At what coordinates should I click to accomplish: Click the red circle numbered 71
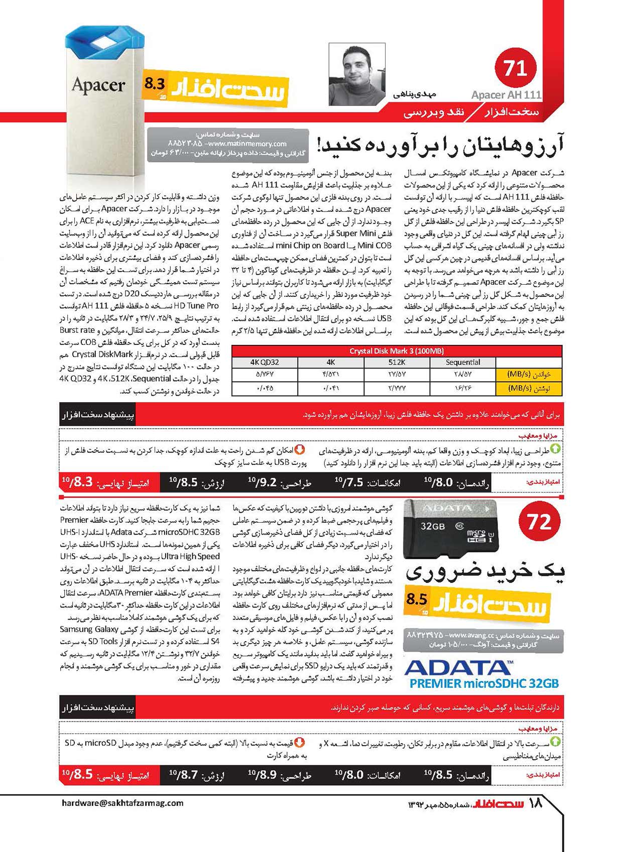point(515,68)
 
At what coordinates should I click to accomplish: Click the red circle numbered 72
point(539,522)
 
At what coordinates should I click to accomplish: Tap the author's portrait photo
point(357,74)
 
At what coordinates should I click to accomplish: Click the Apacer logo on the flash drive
point(98,85)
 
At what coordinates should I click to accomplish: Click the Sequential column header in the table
point(462,362)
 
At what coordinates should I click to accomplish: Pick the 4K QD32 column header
point(265,362)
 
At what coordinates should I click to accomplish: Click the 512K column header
point(397,362)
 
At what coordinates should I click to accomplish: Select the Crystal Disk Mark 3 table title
point(397,351)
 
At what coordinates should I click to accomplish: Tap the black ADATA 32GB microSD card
point(450,529)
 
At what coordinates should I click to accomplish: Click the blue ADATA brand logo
point(458,667)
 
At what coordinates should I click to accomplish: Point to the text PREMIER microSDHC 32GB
point(483,683)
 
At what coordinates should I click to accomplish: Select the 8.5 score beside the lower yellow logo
point(417,599)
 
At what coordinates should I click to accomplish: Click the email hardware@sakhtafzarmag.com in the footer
point(122,803)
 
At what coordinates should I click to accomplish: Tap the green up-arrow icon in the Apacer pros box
point(556,449)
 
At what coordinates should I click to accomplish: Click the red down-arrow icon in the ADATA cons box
point(299,742)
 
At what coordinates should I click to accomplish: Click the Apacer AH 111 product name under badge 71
point(506,95)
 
